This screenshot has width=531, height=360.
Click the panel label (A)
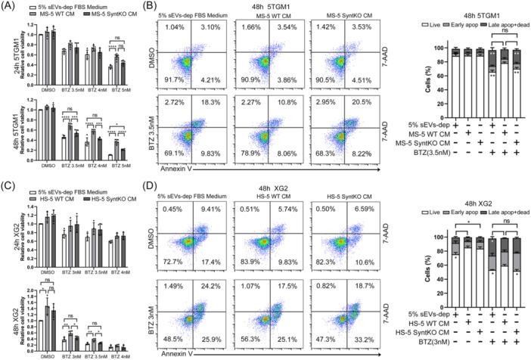click(9, 5)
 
